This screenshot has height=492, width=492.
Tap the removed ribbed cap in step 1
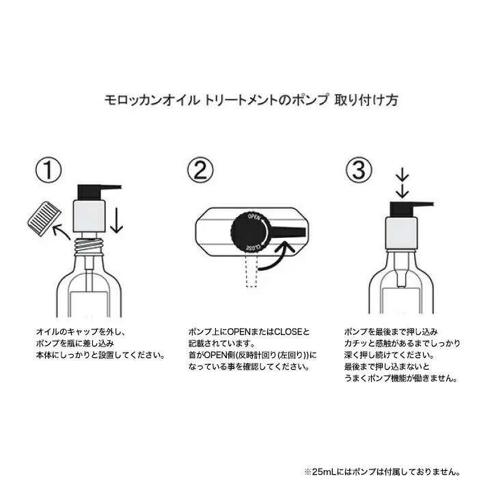pos(40,217)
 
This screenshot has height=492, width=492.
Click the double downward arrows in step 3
pos(402,184)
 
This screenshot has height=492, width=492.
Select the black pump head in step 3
pos(403,206)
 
